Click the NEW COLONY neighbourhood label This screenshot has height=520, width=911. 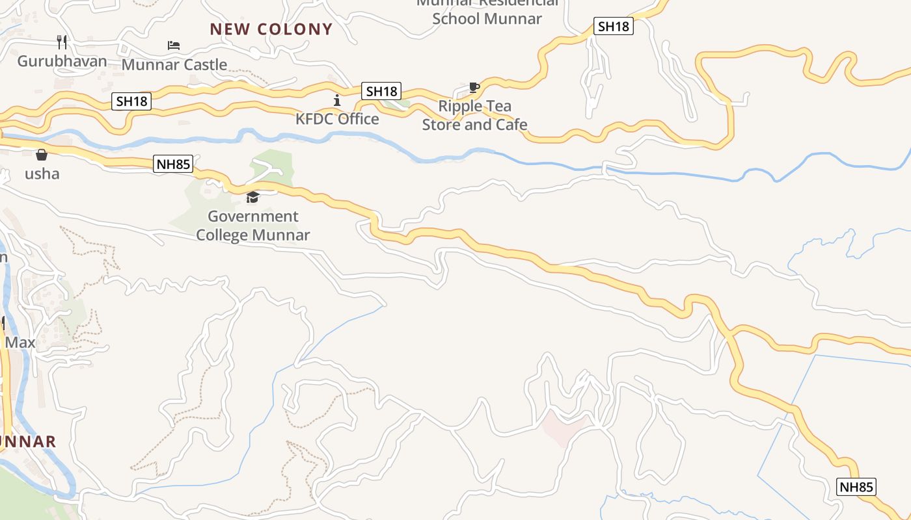pyautogui.click(x=271, y=29)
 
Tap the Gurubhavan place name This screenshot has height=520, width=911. pyautogui.click(x=62, y=61)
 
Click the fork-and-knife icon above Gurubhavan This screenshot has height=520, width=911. pyautogui.click(x=62, y=42)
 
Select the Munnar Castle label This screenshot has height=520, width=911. pyautogui.click(x=174, y=64)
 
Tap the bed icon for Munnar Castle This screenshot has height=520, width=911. pyautogui.click(x=174, y=45)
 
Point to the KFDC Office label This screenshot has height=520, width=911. pyautogui.click(x=337, y=119)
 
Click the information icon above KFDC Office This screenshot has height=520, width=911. pyautogui.click(x=337, y=100)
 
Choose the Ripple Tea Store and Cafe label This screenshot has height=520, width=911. pyautogui.click(x=474, y=115)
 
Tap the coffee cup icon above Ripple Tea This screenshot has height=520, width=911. pyautogui.click(x=474, y=88)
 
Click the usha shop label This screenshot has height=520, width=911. pyautogui.click(x=42, y=174)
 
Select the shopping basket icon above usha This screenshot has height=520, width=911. pyautogui.click(x=42, y=155)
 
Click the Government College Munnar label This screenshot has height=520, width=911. pyautogui.click(x=252, y=226)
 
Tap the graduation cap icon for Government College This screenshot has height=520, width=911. pyautogui.click(x=252, y=197)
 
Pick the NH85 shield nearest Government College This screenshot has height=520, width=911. pyautogui.click(x=174, y=164)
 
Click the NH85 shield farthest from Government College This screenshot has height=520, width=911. pyautogui.click(x=856, y=487)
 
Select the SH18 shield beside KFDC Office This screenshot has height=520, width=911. pyautogui.click(x=381, y=91)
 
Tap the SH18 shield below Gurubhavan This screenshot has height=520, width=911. pyautogui.click(x=132, y=101)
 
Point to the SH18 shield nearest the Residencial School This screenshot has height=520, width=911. pyautogui.click(x=614, y=26)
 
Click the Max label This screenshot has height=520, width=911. pyautogui.click(x=20, y=342)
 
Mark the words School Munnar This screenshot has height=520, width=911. pyautogui.click(x=487, y=18)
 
